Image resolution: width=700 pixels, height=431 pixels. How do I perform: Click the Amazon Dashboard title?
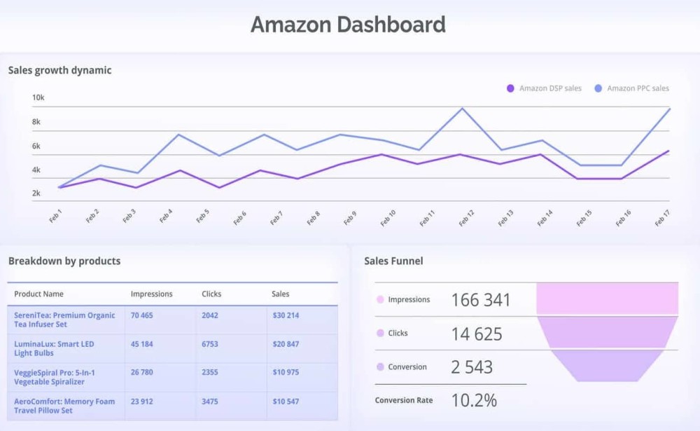[348, 25]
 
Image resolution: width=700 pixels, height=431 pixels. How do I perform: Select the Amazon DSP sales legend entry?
[544, 88]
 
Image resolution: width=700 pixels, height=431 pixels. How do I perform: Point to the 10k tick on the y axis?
[38, 97]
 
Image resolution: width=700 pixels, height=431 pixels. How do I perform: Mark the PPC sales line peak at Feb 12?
[463, 108]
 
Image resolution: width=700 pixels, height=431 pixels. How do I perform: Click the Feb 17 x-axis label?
[662, 217]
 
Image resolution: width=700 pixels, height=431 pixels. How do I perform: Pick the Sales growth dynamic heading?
[59, 70]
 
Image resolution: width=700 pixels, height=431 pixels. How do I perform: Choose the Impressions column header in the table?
[151, 294]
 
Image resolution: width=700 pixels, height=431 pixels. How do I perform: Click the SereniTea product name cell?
[64, 320]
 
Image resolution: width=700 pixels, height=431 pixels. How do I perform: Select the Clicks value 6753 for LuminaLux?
[211, 344]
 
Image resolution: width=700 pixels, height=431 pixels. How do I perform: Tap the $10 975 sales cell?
[286, 373]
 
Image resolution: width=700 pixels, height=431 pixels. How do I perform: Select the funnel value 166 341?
[481, 300]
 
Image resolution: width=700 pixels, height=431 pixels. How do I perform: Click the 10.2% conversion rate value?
[474, 400]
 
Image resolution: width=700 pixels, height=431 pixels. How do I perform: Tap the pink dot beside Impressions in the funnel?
[380, 299]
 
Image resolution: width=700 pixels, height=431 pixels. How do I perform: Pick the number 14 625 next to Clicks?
[477, 334]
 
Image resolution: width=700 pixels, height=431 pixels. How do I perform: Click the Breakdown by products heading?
[64, 261]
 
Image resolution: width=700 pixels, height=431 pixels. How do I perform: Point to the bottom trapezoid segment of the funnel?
[607, 366]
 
